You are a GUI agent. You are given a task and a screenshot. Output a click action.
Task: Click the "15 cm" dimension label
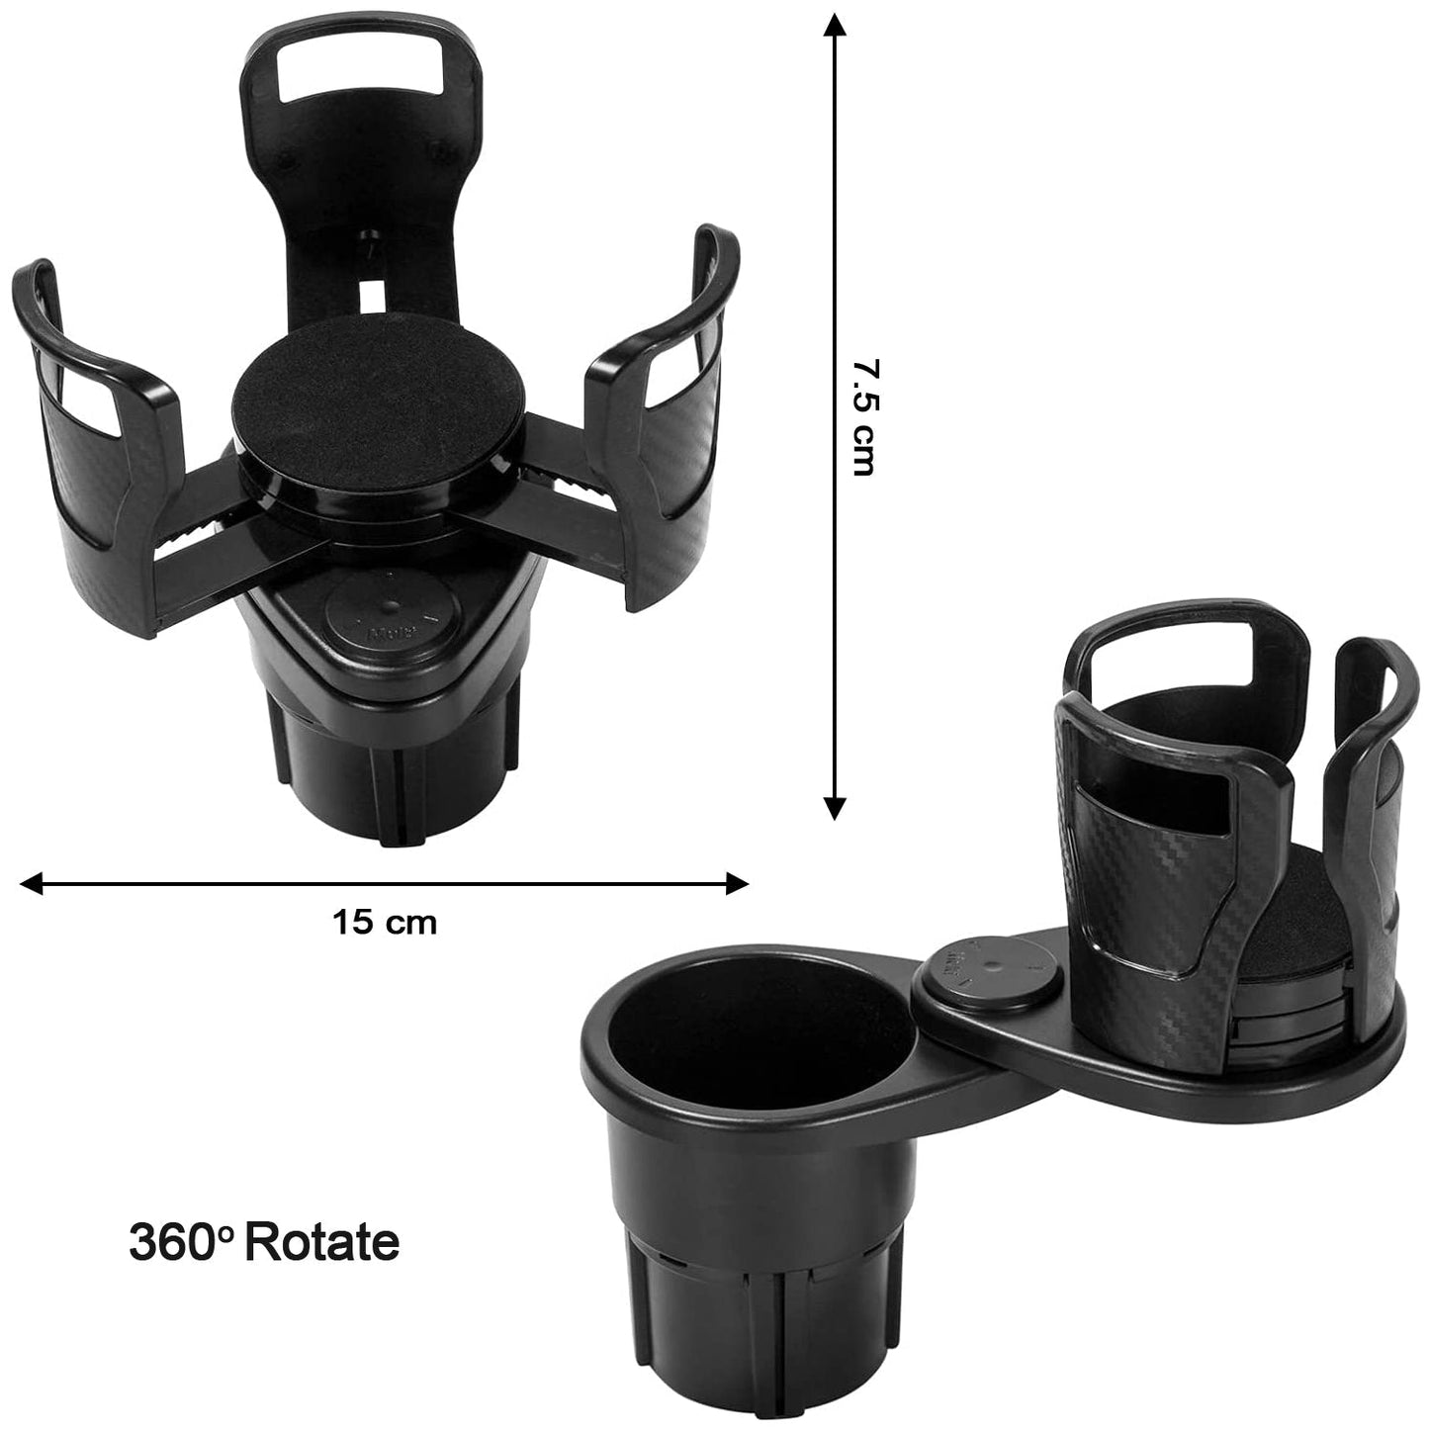(384, 924)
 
